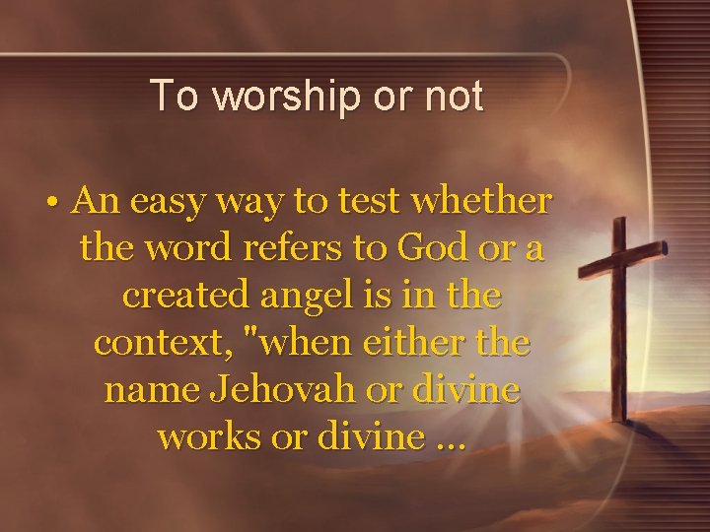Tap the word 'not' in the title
[x=452, y=97]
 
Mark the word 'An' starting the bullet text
[x=96, y=202]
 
